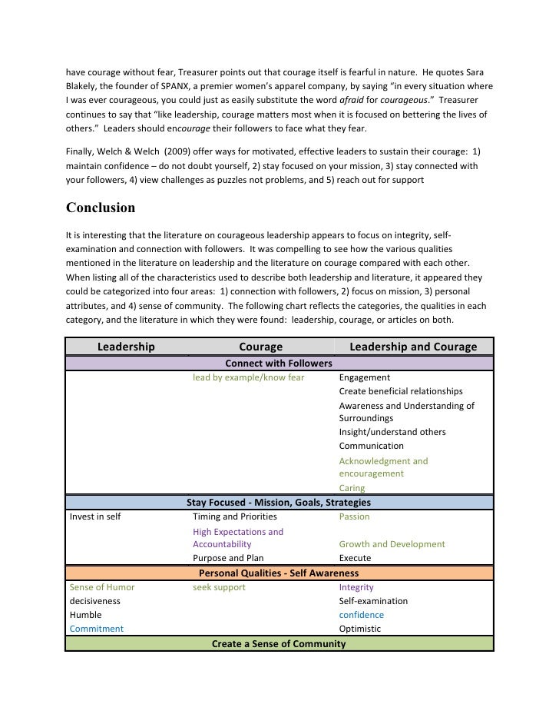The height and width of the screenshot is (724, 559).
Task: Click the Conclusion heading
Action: (x=101, y=208)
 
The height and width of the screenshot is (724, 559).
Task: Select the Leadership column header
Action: (x=126, y=347)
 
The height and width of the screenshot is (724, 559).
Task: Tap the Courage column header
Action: (x=261, y=347)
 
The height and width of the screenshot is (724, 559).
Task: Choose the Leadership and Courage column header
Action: (x=413, y=347)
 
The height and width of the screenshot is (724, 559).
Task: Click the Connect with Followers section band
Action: (x=278, y=363)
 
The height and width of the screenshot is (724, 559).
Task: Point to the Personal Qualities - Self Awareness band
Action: (x=278, y=573)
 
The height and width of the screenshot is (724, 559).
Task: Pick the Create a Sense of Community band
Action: (x=278, y=643)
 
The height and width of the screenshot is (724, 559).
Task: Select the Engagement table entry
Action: (x=364, y=377)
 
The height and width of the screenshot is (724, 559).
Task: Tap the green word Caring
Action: (x=352, y=488)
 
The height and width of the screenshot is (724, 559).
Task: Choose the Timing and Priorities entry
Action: (x=234, y=516)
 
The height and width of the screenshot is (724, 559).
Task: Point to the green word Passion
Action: (x=354, y=516)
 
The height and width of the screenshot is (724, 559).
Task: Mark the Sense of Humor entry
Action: (x=101, y=587)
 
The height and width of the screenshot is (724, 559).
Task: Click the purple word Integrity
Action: (x=356, y=587)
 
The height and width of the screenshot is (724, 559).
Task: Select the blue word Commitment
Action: (x=96, y=629)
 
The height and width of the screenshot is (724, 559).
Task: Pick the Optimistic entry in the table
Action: (x=359, y=629)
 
